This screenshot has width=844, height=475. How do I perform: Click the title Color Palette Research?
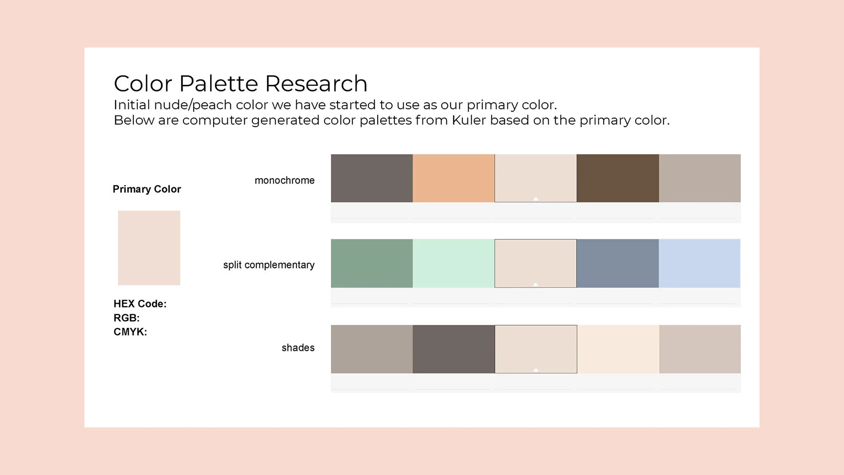click(240, 84)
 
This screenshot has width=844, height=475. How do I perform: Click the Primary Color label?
click(147, 189)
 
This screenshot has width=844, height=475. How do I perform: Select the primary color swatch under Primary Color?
click(149, 248)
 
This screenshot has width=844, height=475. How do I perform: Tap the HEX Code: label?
click(140, 304)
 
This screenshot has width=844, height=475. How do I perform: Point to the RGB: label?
click(127, 318)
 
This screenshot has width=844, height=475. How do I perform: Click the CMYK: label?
click(130, 332)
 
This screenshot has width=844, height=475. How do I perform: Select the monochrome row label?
click(284, 180)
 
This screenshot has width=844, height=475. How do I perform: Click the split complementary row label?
click(269, 265)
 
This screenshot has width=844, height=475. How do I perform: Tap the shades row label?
click(298, 348)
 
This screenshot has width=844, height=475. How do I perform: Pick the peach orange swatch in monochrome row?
click(454, 178)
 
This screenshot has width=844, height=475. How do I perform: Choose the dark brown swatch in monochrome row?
click(617, 178)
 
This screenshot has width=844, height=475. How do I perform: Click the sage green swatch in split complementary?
click(372, 263)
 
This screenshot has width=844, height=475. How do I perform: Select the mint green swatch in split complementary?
click(454, 263)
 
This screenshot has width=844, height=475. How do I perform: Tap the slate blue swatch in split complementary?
click(617, 263)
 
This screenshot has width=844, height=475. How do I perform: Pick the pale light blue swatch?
click(700, 263)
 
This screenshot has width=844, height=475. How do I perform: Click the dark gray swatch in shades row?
click(454, 349)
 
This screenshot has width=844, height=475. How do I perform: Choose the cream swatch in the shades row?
click(618, 349)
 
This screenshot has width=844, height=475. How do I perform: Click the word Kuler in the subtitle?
click(469, 120)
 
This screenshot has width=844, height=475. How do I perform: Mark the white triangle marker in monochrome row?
click(536, 199)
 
